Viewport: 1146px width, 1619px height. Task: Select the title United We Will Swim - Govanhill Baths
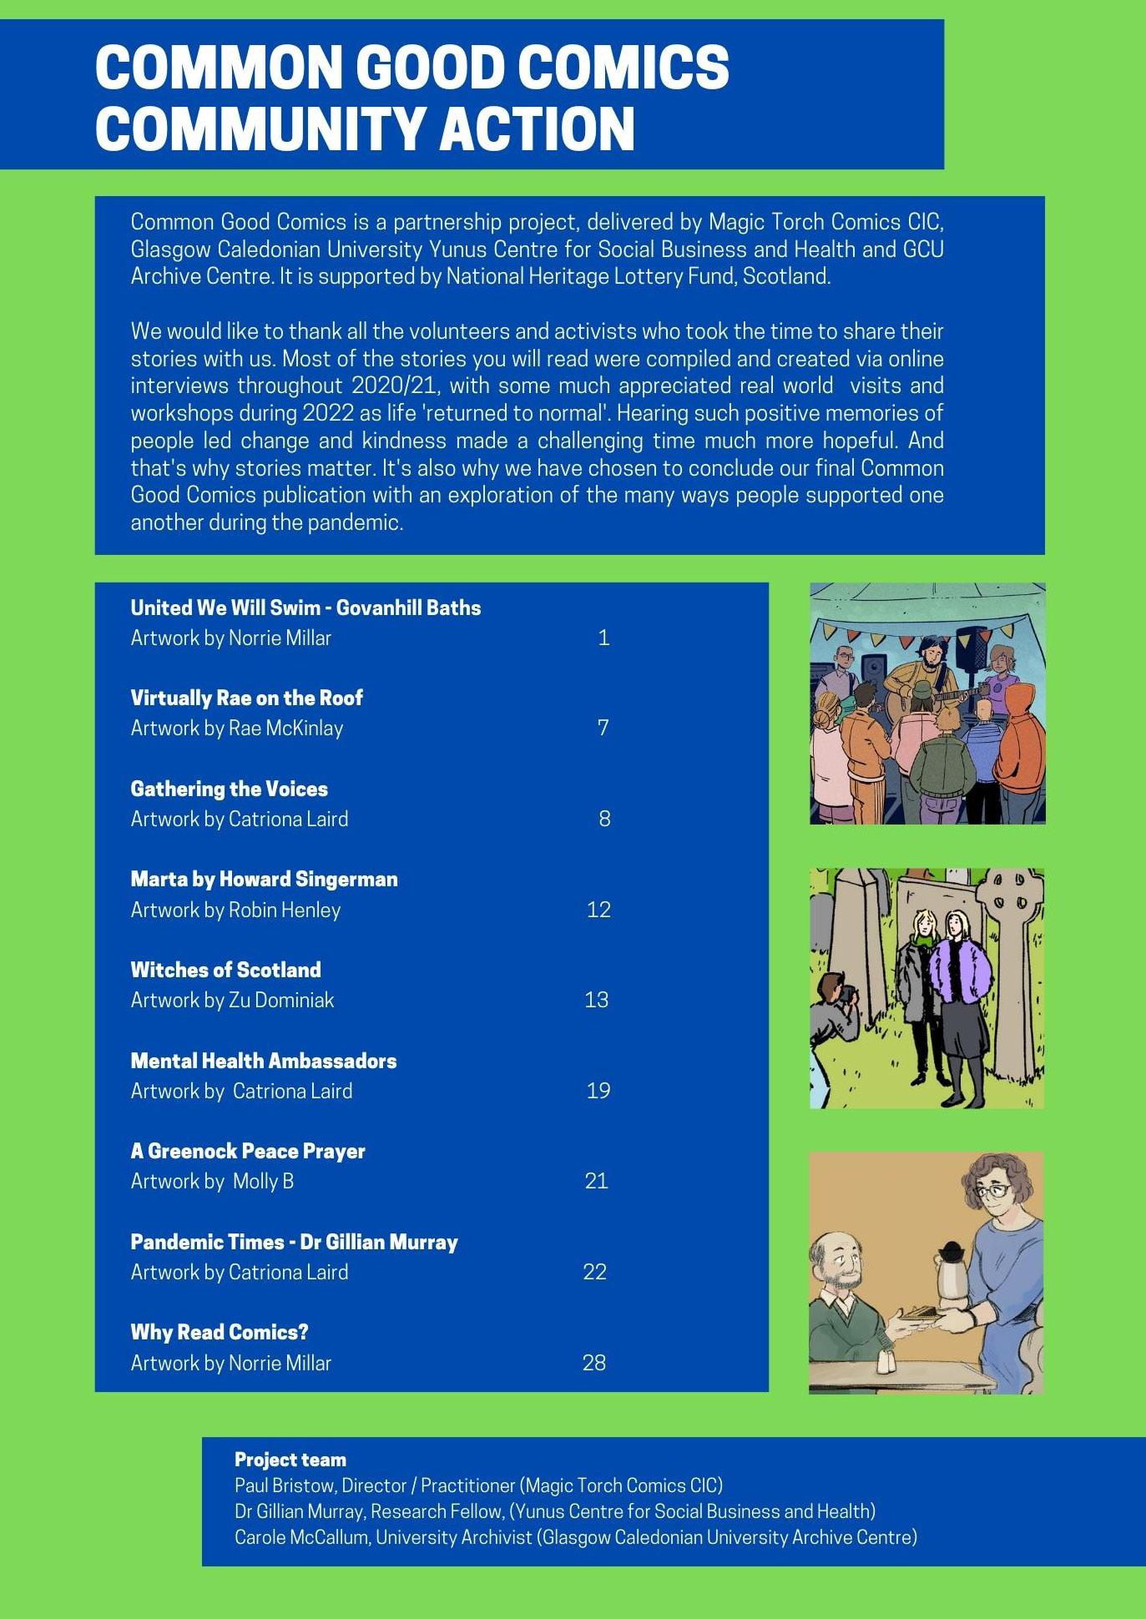(x=305, y=608)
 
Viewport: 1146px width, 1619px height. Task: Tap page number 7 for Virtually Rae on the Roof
(x=603, y=728)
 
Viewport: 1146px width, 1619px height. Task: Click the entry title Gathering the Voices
(x=229, y=789)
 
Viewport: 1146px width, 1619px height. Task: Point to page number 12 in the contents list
(x=598, y=910)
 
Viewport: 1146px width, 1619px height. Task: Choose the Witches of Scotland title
(x=225, y=970)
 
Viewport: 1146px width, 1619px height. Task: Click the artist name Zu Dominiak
(x=281, y=1000)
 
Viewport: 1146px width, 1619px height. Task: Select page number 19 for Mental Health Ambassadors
(x=598, y=1091)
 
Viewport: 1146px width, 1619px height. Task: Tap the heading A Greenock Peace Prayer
(x=248, y=1151)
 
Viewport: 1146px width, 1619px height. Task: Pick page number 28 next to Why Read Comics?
(x=593, y=1363)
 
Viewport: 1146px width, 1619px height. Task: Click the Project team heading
(x=290, y=1460)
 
